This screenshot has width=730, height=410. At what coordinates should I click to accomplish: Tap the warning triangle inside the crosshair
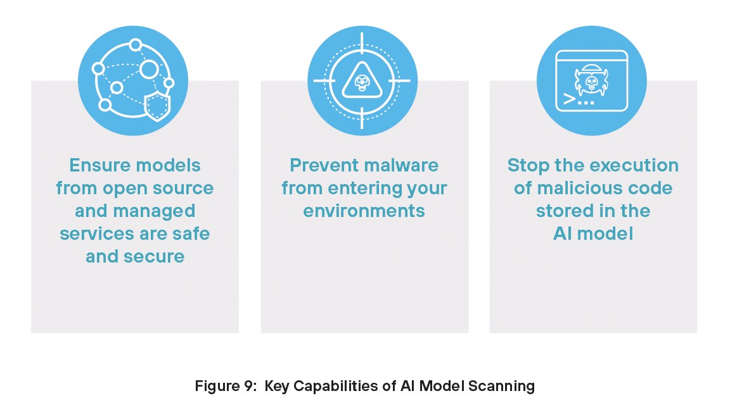tap(362, 81)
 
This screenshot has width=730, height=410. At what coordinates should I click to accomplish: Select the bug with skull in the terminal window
tap(591, 80)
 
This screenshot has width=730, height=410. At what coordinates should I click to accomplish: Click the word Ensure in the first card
tap(100, 166)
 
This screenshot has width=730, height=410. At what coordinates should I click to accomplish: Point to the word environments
tap(364, 211)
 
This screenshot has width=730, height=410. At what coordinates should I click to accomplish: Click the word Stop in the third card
tap(527, 166)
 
